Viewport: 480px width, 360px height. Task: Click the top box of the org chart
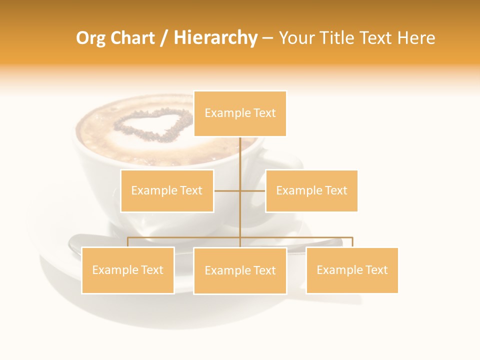[x=240, y=113]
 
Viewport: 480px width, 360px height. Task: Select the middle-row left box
[x=167, y=190]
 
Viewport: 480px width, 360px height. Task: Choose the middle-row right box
[x=311, y=190]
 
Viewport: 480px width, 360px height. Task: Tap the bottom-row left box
[x=128, y=270]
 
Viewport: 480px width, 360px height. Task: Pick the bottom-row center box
[x=240, y=270]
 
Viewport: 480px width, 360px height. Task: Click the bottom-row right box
[x=352, y=270]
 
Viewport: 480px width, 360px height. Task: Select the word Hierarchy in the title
[x=215, y=38]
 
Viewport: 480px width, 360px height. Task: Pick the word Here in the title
[x=416, y=38]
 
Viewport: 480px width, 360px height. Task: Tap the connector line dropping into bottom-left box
[x=128, y=242]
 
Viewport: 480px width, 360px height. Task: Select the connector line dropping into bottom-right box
[x=352, y=242]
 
